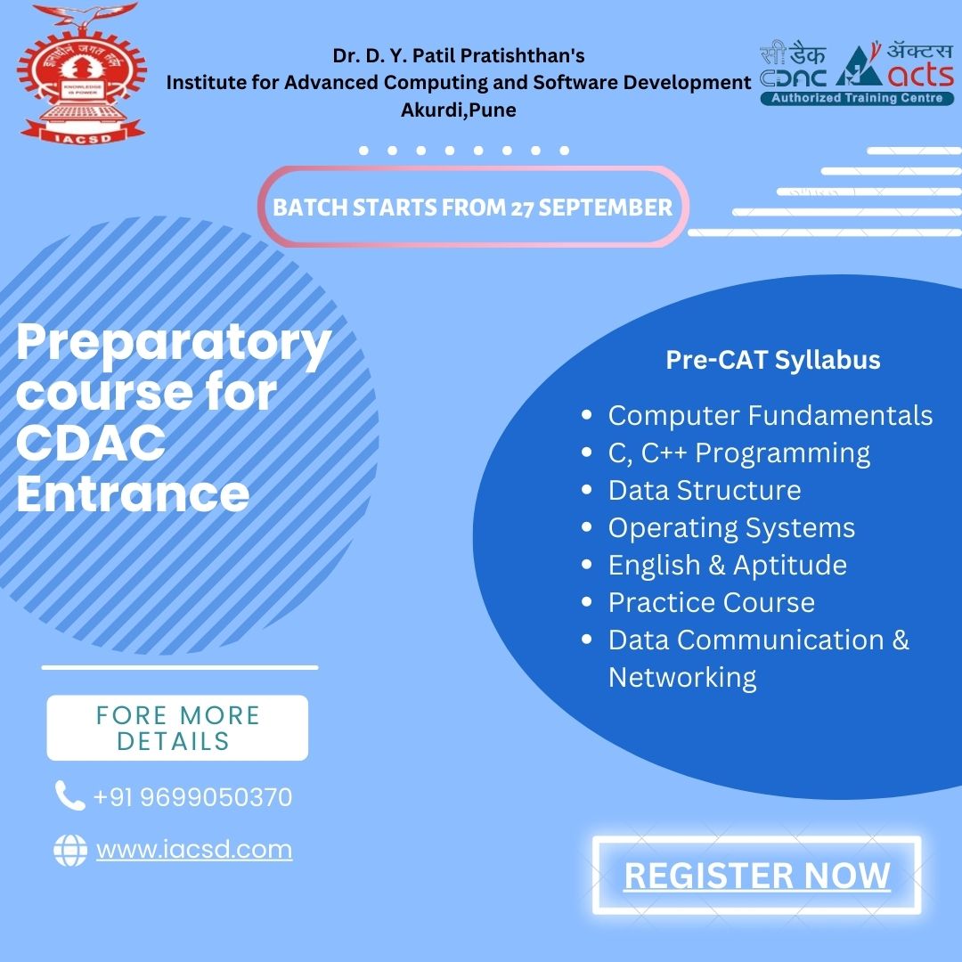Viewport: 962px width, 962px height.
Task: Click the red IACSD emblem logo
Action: point(82,74)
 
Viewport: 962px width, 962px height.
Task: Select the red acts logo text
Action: point(921,75)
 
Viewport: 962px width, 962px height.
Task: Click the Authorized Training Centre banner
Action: point(857,98)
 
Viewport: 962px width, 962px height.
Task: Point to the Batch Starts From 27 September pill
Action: point(473,207)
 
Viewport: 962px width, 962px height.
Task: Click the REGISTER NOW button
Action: point(756,875)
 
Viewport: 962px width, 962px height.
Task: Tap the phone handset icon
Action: point(69,795)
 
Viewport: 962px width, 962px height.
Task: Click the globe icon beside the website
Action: point(70,851)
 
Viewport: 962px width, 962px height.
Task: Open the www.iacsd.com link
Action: point(194,850)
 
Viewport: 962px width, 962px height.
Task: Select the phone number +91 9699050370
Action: point(192,797)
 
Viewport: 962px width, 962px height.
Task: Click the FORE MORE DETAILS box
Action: point(177,728)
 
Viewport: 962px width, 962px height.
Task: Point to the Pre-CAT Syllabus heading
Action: point(773,360)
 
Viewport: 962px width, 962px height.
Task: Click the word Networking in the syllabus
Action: point(682,678)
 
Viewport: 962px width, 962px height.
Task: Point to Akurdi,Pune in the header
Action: point(459,110)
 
